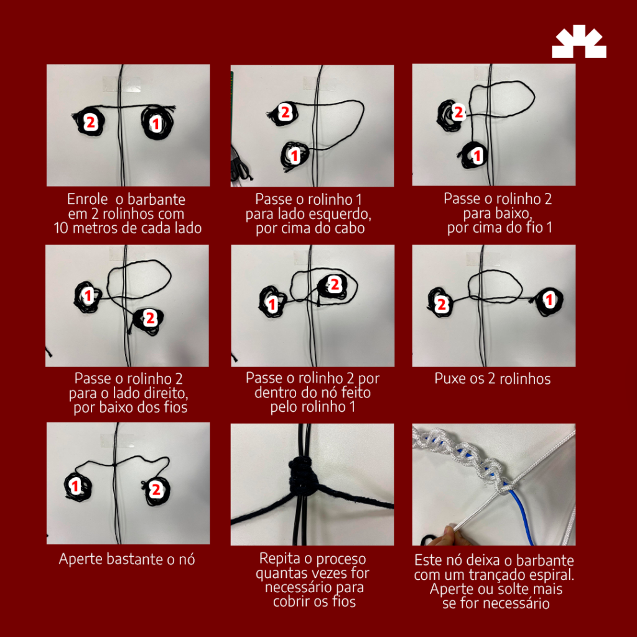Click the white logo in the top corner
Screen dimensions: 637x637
coord(579,41)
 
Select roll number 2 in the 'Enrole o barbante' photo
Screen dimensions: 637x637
coord(90,121)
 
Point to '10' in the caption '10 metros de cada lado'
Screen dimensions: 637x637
coord(61,228)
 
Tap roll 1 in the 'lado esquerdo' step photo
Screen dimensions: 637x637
coord(294,155)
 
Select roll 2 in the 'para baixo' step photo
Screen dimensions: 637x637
coord(452,114)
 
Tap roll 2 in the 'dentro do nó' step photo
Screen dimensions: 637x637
coord(333,286)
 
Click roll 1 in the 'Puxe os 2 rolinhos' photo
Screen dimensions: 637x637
coord(548,300)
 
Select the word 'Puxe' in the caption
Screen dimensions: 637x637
coord(448,379)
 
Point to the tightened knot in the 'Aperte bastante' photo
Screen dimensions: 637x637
coord(115,464)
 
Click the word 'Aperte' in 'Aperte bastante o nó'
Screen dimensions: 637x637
coord(80,559)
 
